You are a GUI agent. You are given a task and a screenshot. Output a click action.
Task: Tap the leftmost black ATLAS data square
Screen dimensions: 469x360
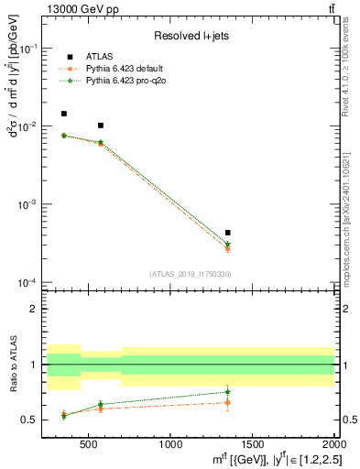coord(63,114)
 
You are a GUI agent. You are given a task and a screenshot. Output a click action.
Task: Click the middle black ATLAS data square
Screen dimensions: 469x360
coord(101,125)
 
